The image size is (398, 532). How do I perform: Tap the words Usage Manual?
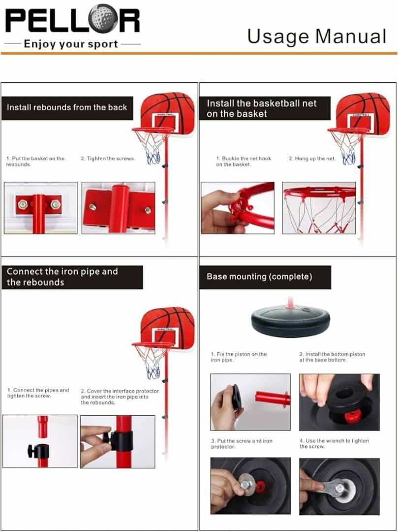317,37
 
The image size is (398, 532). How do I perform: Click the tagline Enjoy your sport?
71,44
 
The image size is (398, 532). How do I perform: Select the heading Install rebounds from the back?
67,107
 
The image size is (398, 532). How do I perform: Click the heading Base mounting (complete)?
259,276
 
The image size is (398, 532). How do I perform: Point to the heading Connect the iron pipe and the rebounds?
62,277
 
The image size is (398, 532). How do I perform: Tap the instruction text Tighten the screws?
108,159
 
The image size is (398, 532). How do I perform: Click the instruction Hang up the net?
312,159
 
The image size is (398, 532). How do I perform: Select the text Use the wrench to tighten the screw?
334,443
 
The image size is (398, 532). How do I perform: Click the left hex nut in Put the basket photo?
23,204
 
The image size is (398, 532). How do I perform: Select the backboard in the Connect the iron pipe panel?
168,328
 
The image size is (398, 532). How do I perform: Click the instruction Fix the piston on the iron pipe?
239,357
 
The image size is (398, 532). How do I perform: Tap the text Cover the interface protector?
120,391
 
